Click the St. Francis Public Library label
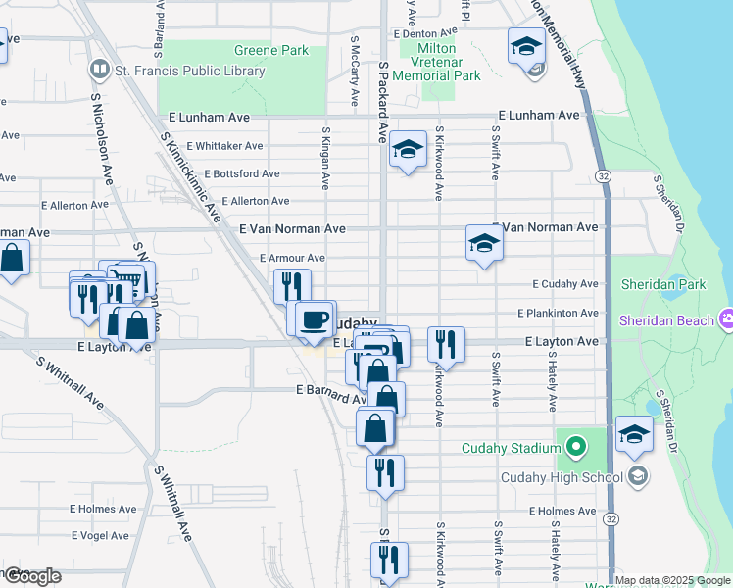point(190,71)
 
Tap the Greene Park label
point(271,50)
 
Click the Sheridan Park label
point(663,285)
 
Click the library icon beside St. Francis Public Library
point(99,70)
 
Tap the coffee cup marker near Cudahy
point(316,319)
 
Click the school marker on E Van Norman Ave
point(484,242)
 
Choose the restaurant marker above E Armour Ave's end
point(292,286)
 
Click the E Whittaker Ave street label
point(223,146)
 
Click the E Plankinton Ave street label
point(558,313)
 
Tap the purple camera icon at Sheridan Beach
point(726,320)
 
